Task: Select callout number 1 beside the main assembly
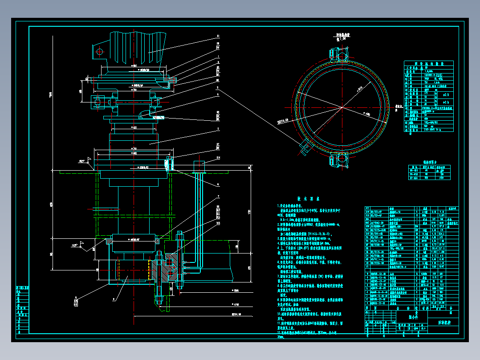pyautogui.click(x=218, y=57)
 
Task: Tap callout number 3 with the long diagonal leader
pyautogui.click(x=218, y=89)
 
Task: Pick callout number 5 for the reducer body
pyautogui.click(x=218, y=129)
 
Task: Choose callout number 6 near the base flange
pyautogui.click(x=218, y=184)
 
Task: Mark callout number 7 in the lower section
pyautogui.click(x=218, y=196)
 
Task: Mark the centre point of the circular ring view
pyautogui.click(x=342, y=107)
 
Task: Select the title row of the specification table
pyautogui.click(x=427, y=63)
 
